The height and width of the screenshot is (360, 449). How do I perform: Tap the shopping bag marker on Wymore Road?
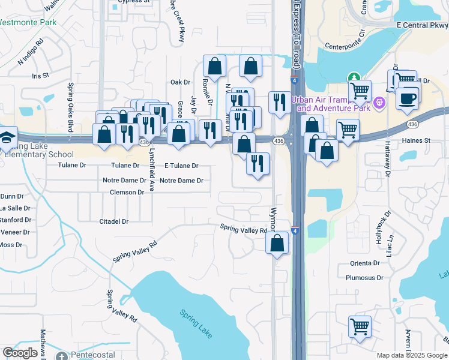(277, 243)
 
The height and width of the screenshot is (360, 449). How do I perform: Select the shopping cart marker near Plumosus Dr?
(360, 327)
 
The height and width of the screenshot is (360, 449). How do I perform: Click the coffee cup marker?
(408, 98)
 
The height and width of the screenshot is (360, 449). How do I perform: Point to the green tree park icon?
(354, 77)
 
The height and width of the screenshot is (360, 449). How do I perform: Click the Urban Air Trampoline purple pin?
(378, 103)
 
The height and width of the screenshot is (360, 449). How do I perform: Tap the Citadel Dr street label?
(114, 221)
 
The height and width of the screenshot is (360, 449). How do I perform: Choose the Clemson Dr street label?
(127, 193)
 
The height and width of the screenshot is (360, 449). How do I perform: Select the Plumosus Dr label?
(364, 278)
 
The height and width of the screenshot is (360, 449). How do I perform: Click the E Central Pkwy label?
(422, 25)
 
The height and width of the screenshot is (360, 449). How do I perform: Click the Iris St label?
(40, 76)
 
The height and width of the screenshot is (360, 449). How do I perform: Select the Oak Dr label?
(180, 82)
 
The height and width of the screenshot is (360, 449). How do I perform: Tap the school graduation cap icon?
(7, 136)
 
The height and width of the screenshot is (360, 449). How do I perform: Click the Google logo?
(20, 353)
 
